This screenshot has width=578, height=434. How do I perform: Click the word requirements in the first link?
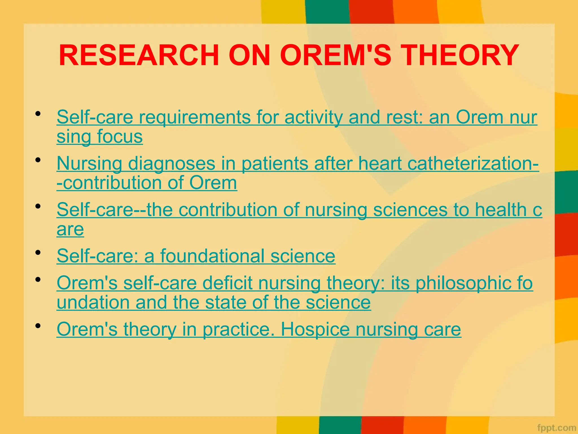(192, 117)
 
